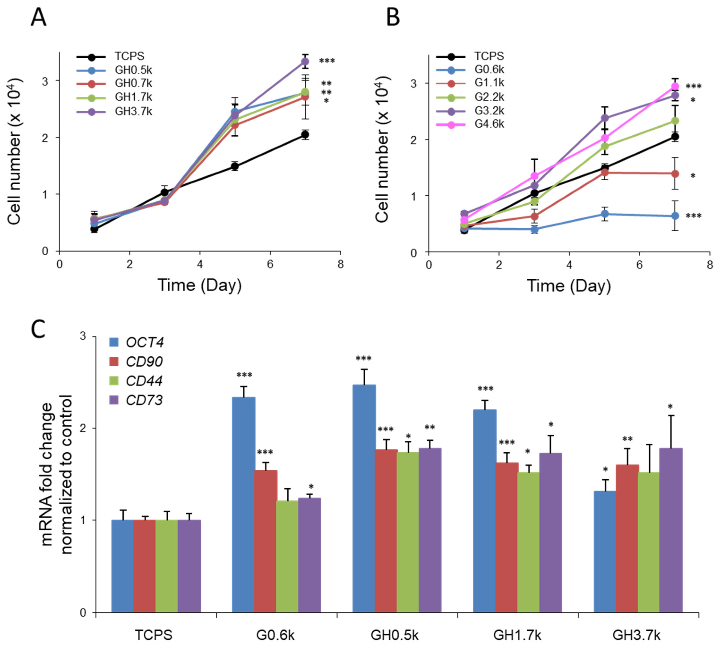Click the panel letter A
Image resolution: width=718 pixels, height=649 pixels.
click(x=38, y=17)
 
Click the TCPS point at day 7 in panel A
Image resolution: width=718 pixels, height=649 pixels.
click(x=305, y=134)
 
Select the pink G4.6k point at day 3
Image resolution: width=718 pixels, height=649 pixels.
click(x=534, y=176)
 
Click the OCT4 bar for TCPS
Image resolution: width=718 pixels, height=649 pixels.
click(x=123, y=567)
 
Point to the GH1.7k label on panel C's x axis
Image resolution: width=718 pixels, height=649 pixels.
click(x=517, y=635)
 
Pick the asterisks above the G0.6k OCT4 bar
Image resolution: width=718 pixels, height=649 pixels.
click(x=244, y=375)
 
